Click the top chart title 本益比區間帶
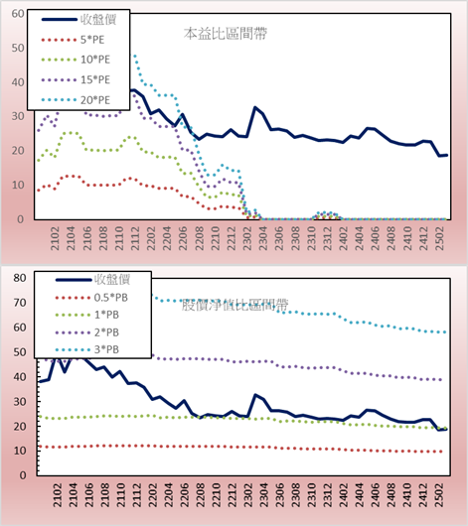coord(226,34)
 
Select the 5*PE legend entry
coord(73,40)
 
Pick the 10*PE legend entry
coord(76,60)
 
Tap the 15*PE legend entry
coord(76,79)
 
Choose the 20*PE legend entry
coord(76,100)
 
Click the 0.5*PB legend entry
coord(91,298)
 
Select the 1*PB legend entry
coord(87,315)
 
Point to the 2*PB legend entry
coord(87,332)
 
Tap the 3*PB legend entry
coord(87,349)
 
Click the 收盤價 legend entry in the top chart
coord(78,20)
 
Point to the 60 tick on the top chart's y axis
coord(18,14)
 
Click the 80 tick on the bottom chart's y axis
coord(20,278)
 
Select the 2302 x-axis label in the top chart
coord(247,238)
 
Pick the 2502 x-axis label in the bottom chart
coord(440,495)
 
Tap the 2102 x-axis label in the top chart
coord(55,238)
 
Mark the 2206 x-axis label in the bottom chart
coord(184,495)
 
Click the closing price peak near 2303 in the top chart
coord(255,107)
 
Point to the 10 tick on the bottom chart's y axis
coord(20,451)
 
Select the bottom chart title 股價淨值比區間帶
coord(234,305)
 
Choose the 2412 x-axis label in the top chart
coord(423,238)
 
